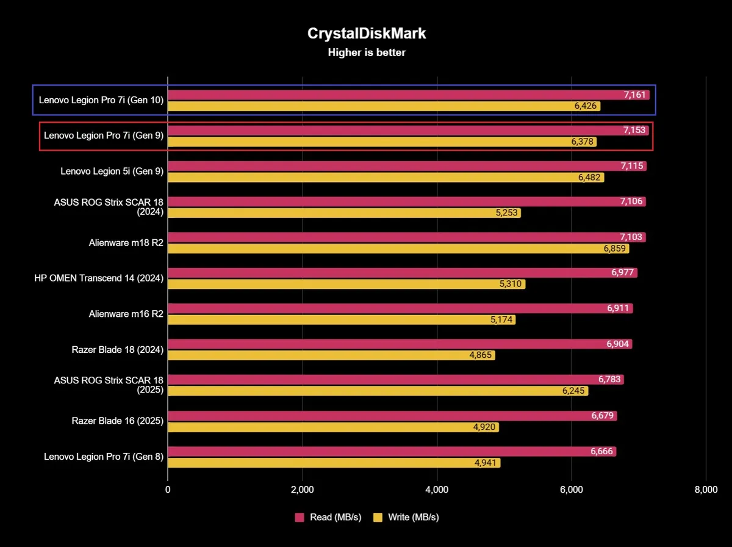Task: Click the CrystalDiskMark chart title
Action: click(x=366, y=34)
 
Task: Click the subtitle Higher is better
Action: click(x=366, y=53)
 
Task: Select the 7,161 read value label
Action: click(x=634, y=95)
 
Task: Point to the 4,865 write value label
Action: click(x=481, y=355)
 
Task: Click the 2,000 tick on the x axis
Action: click(x=302, y=490)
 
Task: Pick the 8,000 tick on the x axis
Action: click(x=706, y=490)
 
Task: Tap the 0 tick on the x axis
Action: click(x=168, y=490)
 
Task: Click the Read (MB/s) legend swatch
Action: click(x=300, y=517)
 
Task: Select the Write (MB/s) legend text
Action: click(x=413, y=517)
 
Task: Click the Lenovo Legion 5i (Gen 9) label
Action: click(x=112, y=172)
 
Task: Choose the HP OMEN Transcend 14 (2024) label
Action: click(x=99, y=278)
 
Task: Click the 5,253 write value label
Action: click(x=507, y=212)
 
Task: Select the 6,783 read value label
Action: click(x=610, y=380)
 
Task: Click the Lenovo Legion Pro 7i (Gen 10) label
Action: click(x=101, y=100)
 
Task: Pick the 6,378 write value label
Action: click(x=583, y=142)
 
